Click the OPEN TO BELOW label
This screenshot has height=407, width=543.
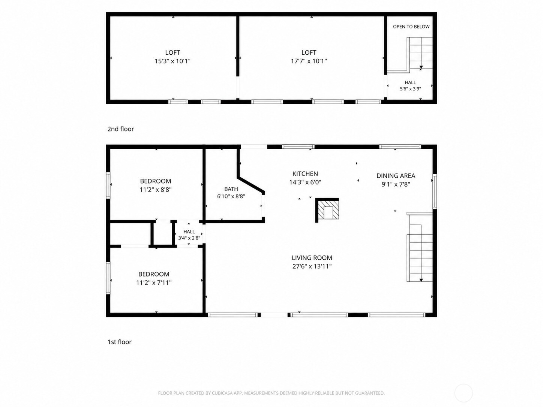(411, 27)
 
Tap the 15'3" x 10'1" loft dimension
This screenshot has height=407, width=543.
(172, 61)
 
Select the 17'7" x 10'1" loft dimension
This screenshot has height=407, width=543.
(309, 61)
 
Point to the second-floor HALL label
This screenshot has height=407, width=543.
(410, 82)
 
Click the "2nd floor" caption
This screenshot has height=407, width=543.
(120, 129)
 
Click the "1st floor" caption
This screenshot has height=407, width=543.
(120, 342)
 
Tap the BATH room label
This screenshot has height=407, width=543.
(231, 189)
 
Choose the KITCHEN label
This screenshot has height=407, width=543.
(305, 174)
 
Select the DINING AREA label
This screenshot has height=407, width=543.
(396, 176)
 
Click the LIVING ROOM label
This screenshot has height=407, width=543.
(312, 258)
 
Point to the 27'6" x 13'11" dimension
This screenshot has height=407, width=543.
(312, 266)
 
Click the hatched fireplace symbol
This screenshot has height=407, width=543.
(328, 210)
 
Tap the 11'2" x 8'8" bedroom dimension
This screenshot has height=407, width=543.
(156, 190)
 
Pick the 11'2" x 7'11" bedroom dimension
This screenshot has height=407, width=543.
(154, 283)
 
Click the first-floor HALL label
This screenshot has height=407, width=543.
(189, 232)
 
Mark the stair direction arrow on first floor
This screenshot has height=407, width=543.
(421, 280)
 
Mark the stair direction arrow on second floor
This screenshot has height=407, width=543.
(421, 67)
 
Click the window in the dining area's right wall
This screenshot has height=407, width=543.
(434, 191)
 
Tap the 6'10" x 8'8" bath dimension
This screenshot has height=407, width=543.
(231, 197)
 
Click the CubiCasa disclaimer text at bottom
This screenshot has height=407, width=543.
(271, 393)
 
